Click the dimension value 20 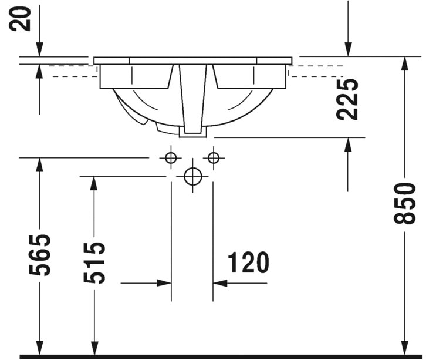pos(20,19)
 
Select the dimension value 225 pos(347,99)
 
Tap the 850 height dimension pos(405,204)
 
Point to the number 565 pos(40,255)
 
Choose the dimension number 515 pos(94,263)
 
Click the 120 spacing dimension pos(248,263)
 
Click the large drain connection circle pos(193,176)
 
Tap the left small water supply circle pos(171,157)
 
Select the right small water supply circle pos(214,157)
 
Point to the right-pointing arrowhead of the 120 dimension pos(164,283)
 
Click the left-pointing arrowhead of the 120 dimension pos(220,283)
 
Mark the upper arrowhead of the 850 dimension pos(405,64)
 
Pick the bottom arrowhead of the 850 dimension pos(405,348)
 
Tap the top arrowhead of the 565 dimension pos(40,165)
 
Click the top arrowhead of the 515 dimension pos(94,184)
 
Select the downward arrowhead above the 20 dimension pos(40,49)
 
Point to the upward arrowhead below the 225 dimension pos(348,145)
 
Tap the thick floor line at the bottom pos(221,356)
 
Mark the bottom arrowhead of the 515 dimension pos(94,348)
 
